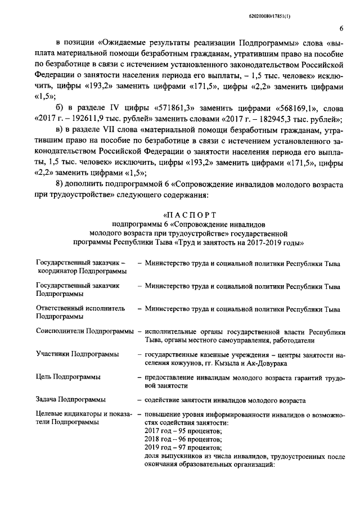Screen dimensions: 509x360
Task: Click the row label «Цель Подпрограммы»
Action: click(x=65, y=376)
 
